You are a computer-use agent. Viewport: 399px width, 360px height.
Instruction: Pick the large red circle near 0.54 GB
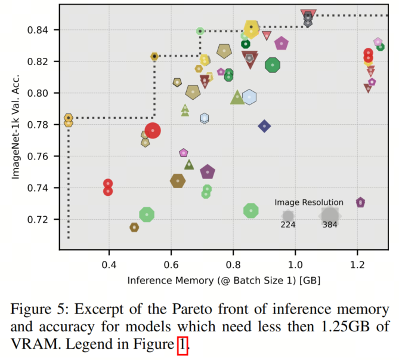coord(153,130)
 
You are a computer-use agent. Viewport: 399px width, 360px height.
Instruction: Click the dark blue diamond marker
coord(264,126)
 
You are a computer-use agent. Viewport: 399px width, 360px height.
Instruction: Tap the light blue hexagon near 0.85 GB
coord(249,97)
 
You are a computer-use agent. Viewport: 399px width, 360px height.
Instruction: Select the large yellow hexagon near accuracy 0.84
coord(252,27)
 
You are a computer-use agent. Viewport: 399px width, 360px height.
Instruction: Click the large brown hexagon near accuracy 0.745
coord(178,180)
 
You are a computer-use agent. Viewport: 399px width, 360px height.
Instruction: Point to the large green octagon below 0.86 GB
coord(251,211)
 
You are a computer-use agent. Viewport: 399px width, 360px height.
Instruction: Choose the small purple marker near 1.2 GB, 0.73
coord(360,203)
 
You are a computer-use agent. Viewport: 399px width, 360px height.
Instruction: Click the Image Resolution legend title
coord(309,202)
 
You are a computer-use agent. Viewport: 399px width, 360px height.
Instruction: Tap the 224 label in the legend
coord(288,225)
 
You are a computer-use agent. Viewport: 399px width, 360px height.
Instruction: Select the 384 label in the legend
coord(330,225)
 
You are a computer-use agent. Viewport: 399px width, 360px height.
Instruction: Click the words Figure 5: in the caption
coord(39,310)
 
